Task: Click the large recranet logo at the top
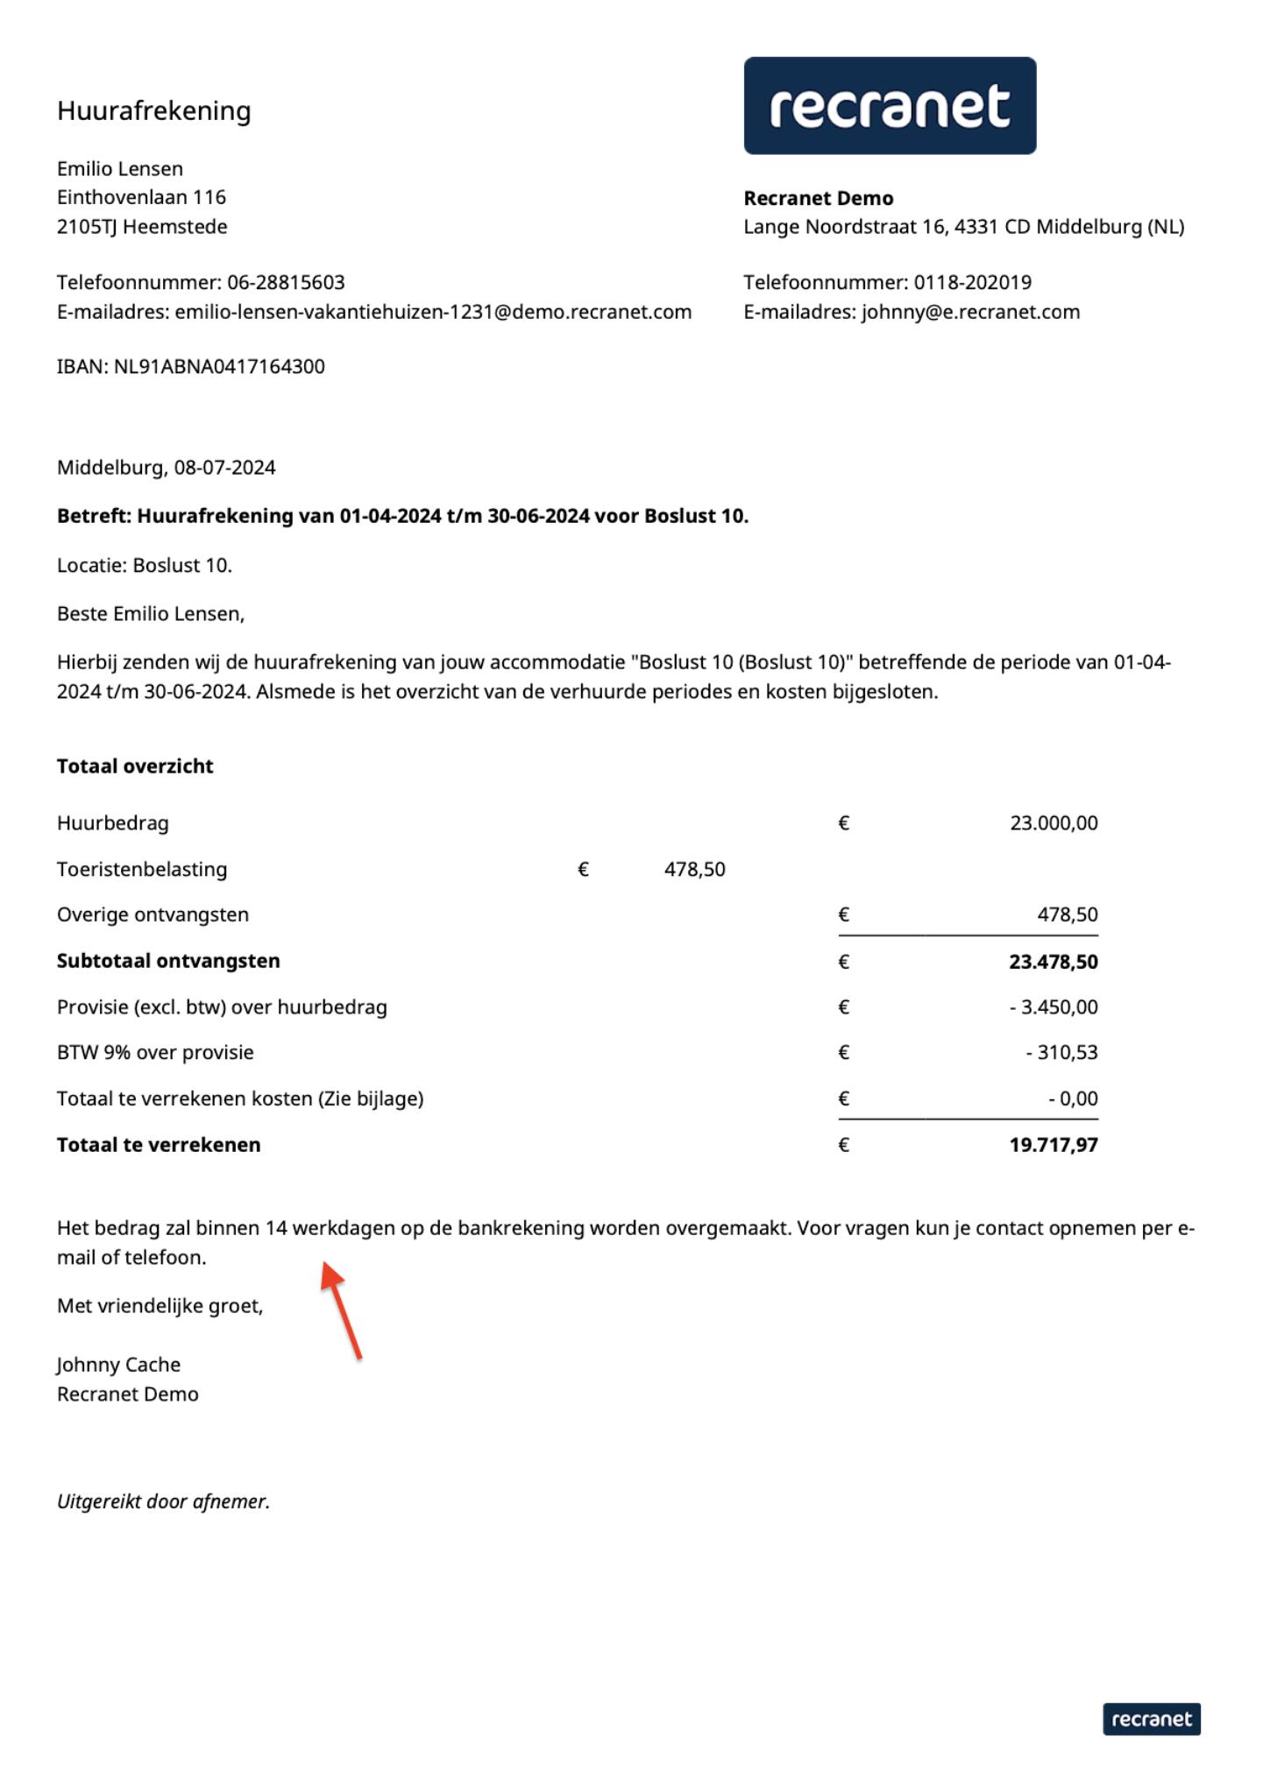click(890, 106)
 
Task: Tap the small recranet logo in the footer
click(1151, 1719)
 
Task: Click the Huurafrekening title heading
click(154, 110)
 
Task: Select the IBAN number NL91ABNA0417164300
click(219, 366)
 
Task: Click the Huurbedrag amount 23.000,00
click(1054, 822)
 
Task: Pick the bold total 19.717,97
click(1053, 1145)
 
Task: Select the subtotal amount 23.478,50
click(1053, 962)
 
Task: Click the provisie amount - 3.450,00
click(1053, 1007)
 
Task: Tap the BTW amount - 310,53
click(1061, 1052)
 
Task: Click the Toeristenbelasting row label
click(142, 869)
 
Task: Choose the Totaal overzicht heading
click(135, 766)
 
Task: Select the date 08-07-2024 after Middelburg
click(224, 468)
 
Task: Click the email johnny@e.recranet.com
click(970, 312)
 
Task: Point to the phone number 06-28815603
click(286, 282)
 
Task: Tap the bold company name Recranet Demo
click(819, 198)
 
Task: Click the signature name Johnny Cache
click(118, 1365)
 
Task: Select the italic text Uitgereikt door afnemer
click(163, 1501)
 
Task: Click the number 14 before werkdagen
click(276, 1228)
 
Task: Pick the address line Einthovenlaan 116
click(141, 197)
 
